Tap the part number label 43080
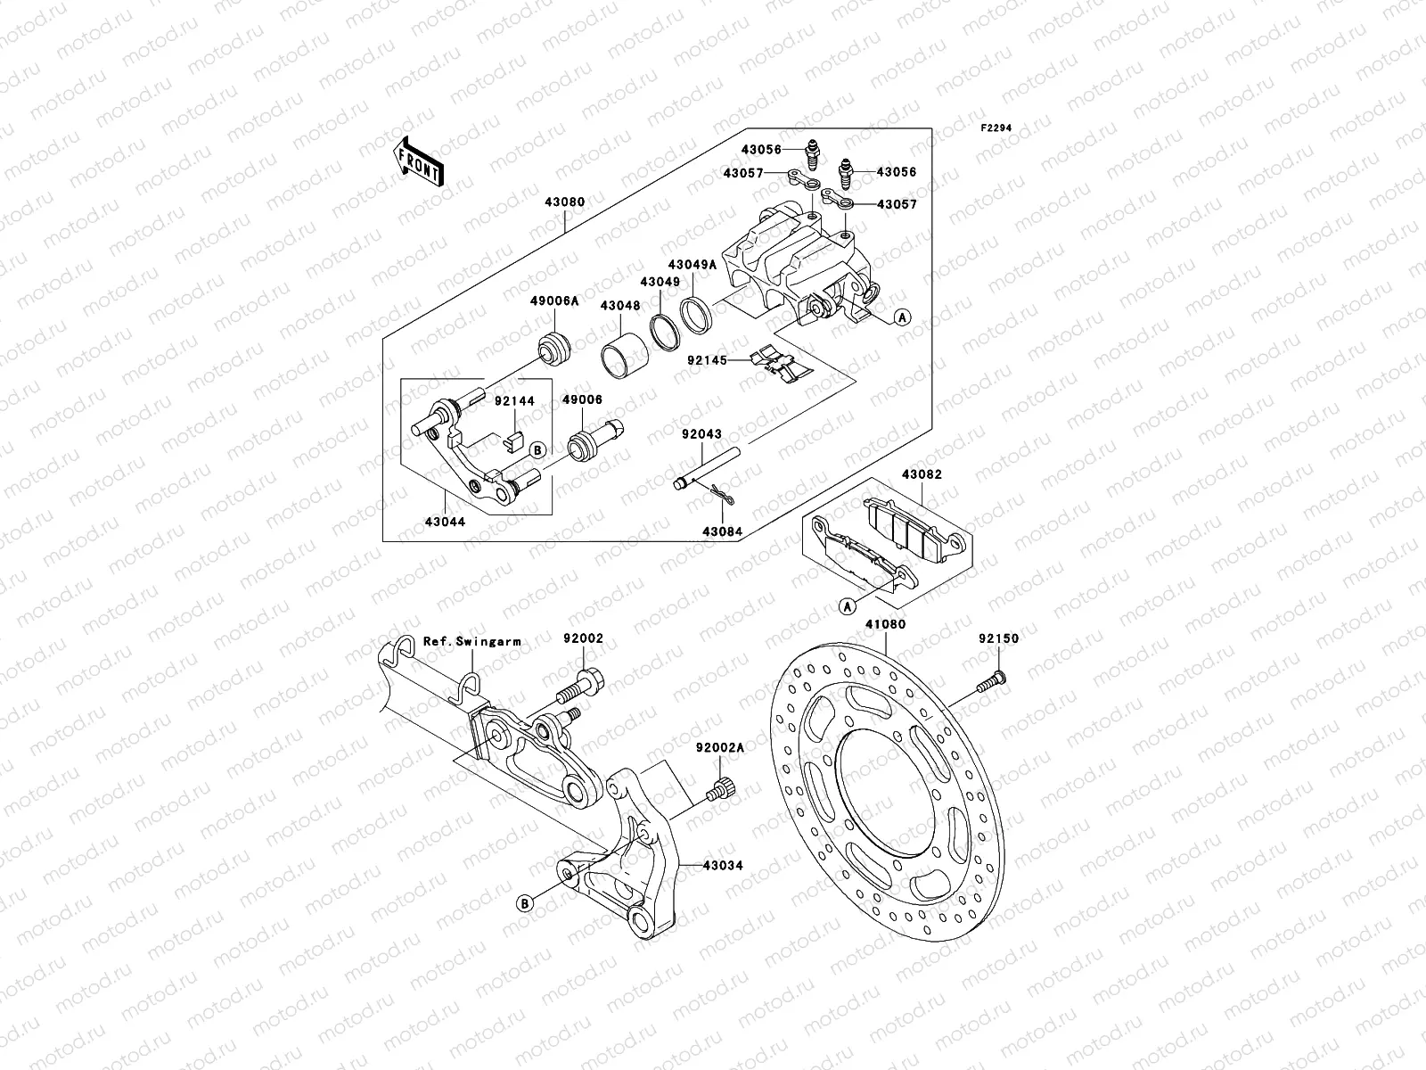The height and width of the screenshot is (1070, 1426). pos(566,202)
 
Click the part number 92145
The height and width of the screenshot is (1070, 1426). pos(707,361)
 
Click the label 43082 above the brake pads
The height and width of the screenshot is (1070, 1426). pos(922,475)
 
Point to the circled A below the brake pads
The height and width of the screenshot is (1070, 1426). pos(847,606)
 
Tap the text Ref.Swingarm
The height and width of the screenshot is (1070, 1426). pos(471,641)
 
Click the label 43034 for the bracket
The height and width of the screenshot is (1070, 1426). pos(723,865)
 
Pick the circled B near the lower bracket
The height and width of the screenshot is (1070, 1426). pos(526,903)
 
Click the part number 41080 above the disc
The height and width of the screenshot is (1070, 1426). pos(885,625)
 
